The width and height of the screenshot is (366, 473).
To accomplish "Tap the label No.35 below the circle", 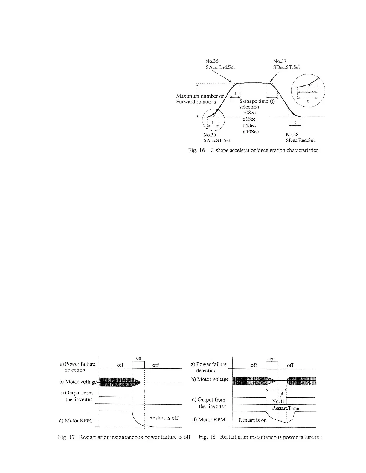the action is point(209,135).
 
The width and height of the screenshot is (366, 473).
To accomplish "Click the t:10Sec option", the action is point(251,132).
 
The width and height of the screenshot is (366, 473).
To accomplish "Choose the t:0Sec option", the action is point(249,113).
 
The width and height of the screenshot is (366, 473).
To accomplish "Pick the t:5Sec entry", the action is point(249,125).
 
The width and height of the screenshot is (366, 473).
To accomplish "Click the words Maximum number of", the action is point(200,96).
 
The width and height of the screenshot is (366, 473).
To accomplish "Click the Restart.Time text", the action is point(286,408).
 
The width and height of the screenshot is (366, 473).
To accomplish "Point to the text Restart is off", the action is point(164,417).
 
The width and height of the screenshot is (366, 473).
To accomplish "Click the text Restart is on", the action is point(252,420).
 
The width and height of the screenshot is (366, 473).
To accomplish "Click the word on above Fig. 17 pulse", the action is point(138,358).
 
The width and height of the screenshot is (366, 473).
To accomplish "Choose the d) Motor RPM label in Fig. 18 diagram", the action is point(208,420).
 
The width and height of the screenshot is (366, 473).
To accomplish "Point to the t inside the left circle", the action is point(213,122).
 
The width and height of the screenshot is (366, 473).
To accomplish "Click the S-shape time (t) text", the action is point(257,101).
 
